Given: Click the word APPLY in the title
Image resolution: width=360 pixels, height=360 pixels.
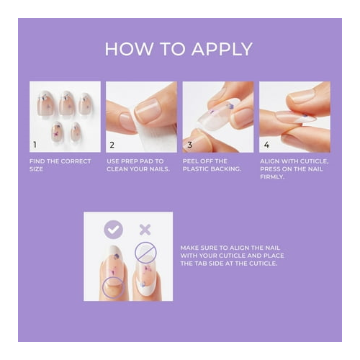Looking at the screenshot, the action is click(x=222, y=49).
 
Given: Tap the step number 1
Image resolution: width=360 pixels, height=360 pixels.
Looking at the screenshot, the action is click(x=35, y=145).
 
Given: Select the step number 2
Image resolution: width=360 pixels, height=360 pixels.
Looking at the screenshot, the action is click(x=112, y=145).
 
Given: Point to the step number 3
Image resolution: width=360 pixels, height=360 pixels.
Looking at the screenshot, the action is click(x=189, y=145).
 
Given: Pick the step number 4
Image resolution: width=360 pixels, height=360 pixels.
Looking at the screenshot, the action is click(x=266, y=145).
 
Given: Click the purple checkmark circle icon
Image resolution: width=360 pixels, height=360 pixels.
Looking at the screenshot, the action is click(x=114, y=230).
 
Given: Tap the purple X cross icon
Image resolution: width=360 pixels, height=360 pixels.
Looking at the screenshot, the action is click(x=145, y=230).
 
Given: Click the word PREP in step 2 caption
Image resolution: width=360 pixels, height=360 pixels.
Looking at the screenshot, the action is click(x=130, y=161).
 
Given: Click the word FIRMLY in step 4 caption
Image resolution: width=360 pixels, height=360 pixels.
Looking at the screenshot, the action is click(x=272, y=177).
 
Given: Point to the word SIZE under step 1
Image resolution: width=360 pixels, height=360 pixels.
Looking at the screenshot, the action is click(x=36, y=169).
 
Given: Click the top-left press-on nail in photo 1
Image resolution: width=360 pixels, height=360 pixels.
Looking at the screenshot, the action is click(x=45, y=104).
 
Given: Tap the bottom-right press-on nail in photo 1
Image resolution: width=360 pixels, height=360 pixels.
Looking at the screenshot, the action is click(x=76, y=132).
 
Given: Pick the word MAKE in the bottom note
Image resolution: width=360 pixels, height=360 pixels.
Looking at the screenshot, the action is click(x=189, y=248).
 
